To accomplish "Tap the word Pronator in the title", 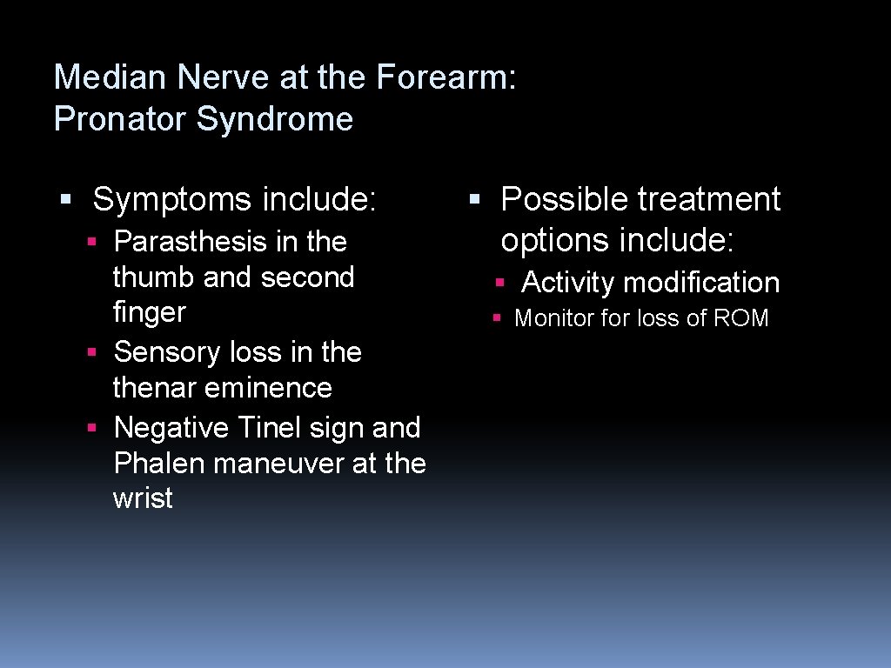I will (x=121, y=119).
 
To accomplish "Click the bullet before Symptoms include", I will (x=64, y=200).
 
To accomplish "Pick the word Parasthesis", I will (x=191, y=242).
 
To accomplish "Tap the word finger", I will (x=150, y=312).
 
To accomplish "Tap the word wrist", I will (x=143, y=499).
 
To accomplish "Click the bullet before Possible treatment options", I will (x=473, y=200).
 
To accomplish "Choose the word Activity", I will (x=568, y=283).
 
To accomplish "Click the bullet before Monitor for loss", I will (x=496, y=319).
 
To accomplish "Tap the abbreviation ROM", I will (x=740, y=318).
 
